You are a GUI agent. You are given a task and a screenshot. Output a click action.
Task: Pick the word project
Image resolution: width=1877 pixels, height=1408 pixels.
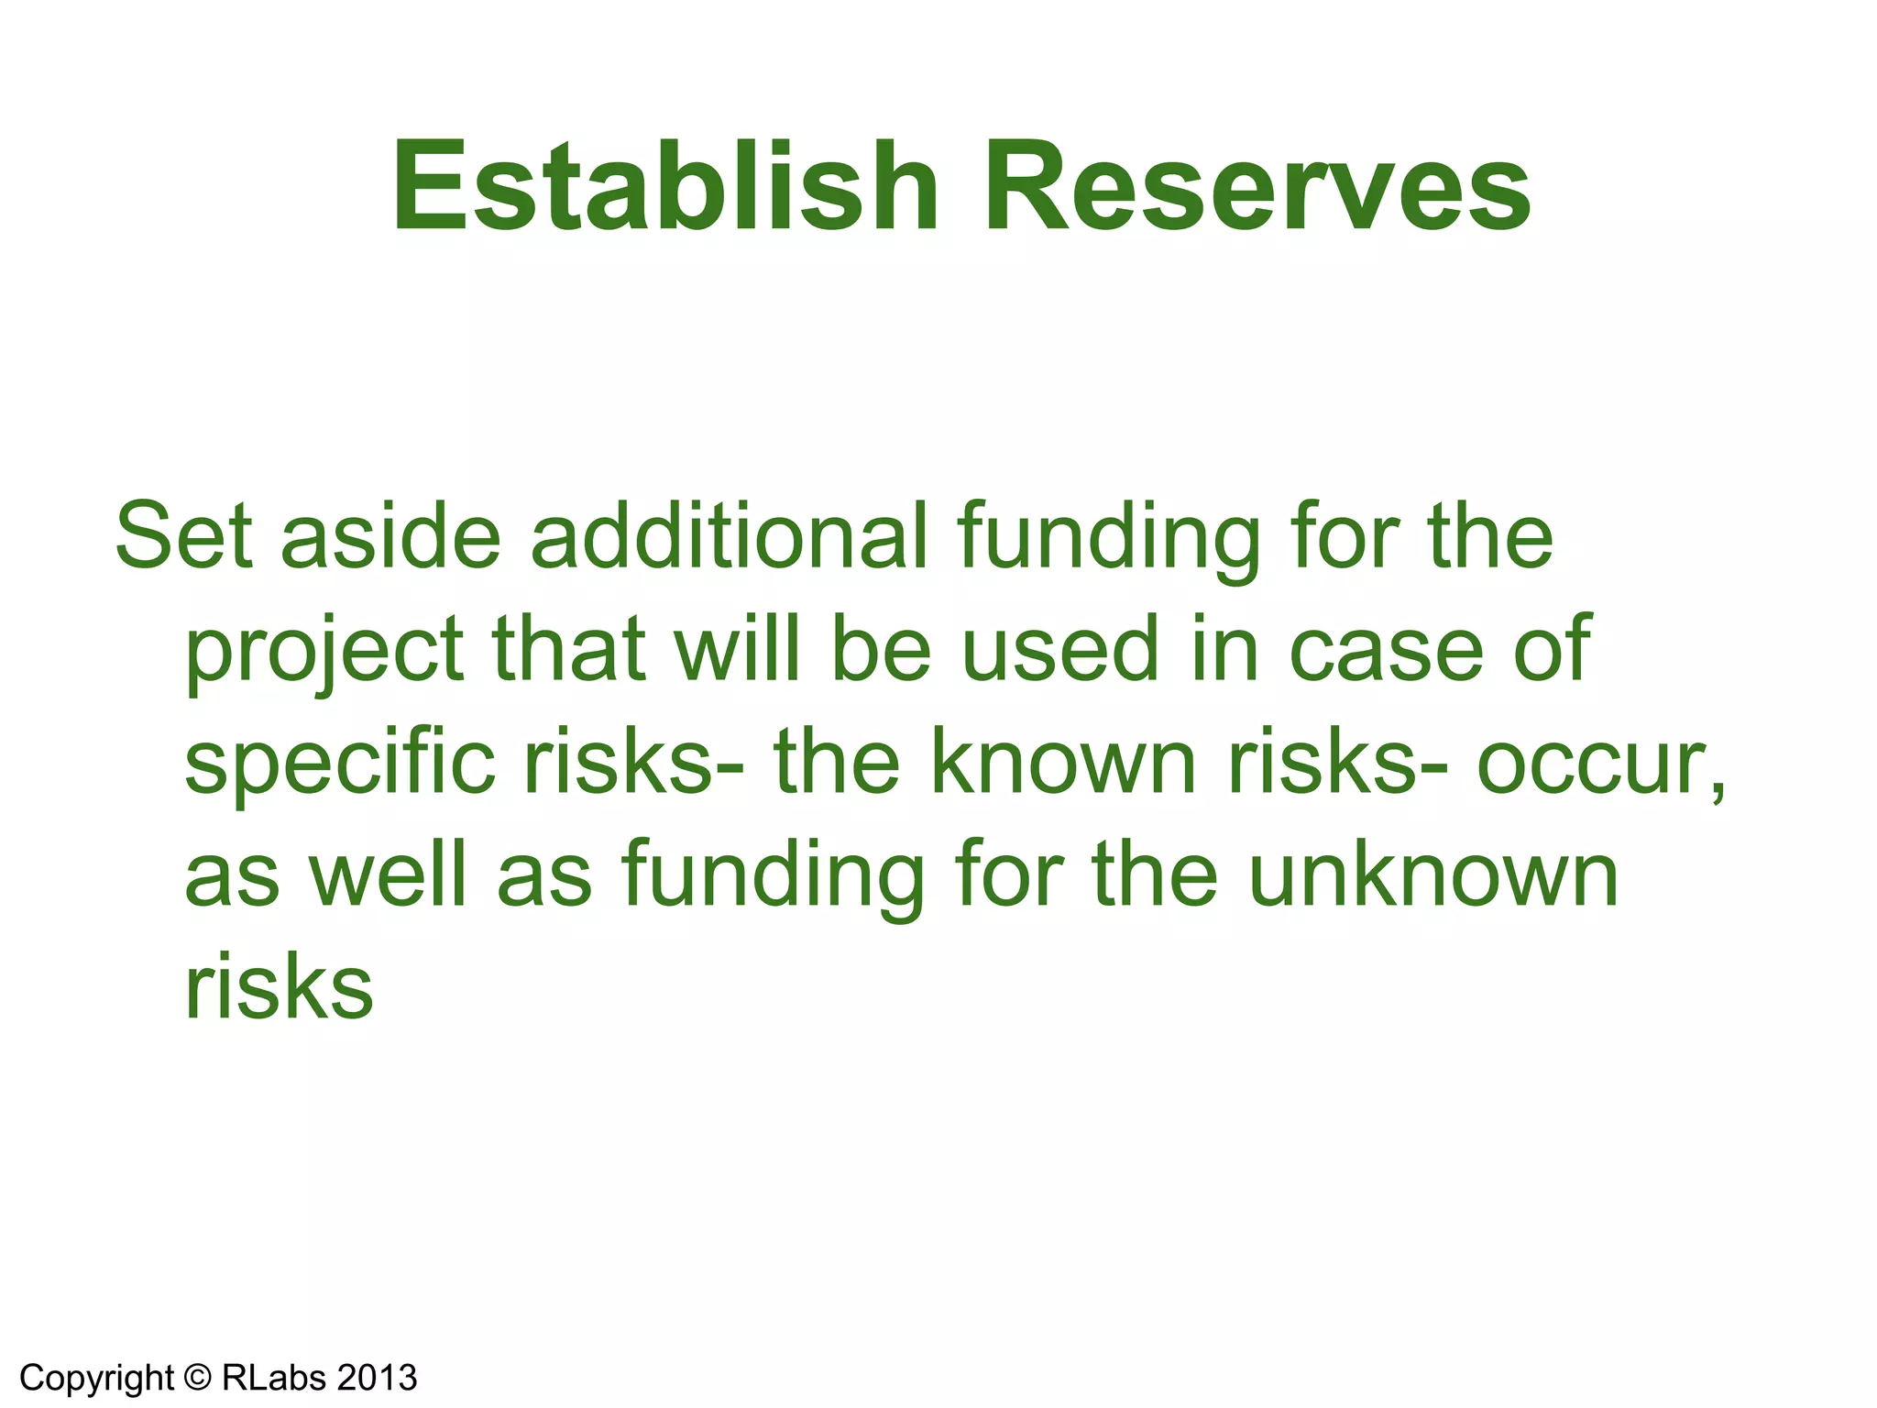pyautogui.click(x=324, y=651)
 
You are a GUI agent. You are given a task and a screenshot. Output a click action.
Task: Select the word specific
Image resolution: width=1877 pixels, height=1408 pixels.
pyautogui.click(x=340, y=763)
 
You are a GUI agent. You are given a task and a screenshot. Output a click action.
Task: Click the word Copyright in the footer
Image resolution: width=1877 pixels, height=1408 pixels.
pyautogui.click(x=96, y=1378)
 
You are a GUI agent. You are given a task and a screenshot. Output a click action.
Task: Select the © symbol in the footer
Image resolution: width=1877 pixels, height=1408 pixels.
pyautogui.click(x=197, y=1378)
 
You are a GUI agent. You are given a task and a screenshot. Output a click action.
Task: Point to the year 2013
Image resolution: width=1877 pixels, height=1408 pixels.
pyautogui.click(x=377, y=1378)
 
